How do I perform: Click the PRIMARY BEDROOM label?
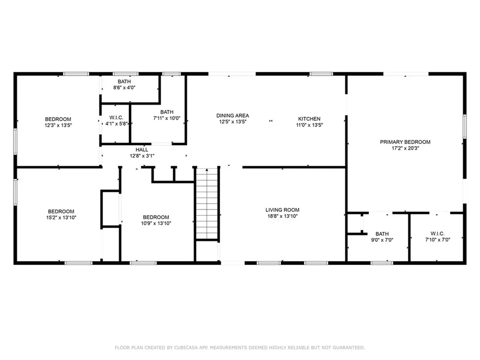click(x=405, y=142)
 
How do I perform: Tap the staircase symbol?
click(x=207, y=203)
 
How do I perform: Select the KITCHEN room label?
click(x=309, y=119)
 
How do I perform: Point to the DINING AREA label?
click(x=232, y=115)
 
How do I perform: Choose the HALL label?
click(x=142, y=150)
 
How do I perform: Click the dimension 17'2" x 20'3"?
click(x=405, y=148)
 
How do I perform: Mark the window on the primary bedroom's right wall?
click(x=465, y=127)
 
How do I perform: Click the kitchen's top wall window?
click(x=321, y=74)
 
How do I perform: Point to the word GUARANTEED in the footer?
click(x=348, y=347)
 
